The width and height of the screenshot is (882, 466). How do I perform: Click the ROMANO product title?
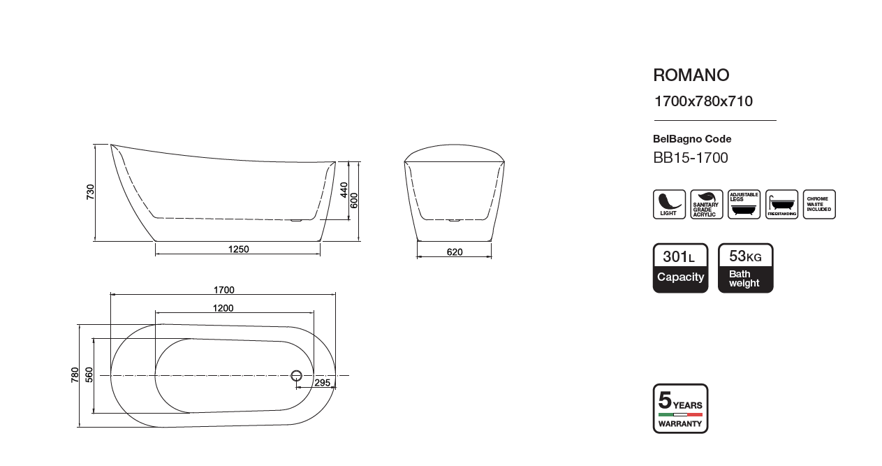click(691, 75)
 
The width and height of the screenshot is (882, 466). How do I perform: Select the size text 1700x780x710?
click(703, 101)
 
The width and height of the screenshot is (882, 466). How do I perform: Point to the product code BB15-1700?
click(690, 158)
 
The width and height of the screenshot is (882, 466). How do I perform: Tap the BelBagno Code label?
click(692, 138)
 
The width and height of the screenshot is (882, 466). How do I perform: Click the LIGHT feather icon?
click(669, 205)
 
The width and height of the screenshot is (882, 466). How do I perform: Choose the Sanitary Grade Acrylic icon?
click(707, 205)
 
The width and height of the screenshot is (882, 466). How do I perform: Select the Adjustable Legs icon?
click(744, 205)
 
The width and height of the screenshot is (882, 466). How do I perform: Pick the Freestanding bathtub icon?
click(781, 205)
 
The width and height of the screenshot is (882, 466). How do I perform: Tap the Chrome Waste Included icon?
click(819, 205)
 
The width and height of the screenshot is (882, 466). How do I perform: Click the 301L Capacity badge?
click(680, 268)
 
